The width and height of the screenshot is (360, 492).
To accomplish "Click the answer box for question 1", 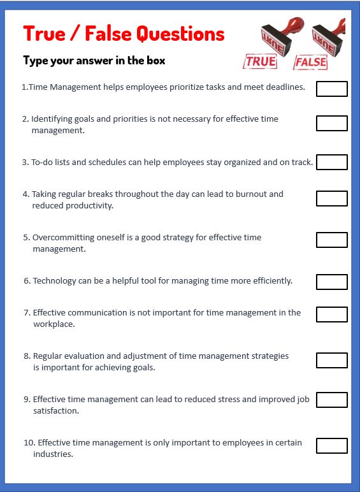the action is [x=331, y=89].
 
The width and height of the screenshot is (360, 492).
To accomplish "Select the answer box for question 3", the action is [x=331, y=162].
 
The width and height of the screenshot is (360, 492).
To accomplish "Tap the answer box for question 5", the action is [x=331, y=240].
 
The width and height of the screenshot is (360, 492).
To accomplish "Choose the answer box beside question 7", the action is [x=331, y=314].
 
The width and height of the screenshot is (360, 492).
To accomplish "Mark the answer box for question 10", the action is [x=331, y=445].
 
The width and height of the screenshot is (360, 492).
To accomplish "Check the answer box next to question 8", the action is [x=331, y=360].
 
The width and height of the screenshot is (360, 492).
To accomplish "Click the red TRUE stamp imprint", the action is [x=261, y=61].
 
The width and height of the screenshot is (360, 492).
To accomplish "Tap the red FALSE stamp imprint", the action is [x=310, y=62].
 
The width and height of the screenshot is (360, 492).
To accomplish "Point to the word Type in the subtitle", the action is [x=36, y=61].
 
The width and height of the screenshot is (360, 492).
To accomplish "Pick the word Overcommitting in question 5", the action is [x=62, y=237].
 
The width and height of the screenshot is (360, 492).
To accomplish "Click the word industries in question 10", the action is [x=53, y=454].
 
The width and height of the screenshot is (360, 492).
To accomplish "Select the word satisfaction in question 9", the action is [x=55, y=411].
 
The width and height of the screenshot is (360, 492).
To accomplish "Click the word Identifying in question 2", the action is [x=52, y=119].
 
